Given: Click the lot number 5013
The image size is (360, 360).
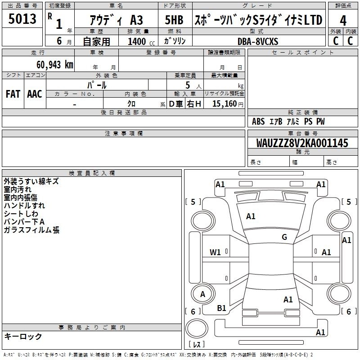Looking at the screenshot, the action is click(x=22, y=19).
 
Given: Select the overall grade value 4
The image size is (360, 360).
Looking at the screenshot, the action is click(x=343, y=21).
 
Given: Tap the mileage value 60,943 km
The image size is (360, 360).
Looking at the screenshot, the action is click(x=54, y=65).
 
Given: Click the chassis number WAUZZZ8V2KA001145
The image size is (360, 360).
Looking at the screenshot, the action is click(x=302, y=143).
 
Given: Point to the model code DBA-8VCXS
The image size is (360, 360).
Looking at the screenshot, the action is click(x=258, y=41).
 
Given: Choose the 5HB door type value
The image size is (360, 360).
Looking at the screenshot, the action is click(x=174, y=20).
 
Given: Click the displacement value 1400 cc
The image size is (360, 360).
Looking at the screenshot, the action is click(x=141, y=41).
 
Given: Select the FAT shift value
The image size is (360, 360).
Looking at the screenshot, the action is click(x=13, y=94).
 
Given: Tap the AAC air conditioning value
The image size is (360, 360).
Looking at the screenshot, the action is click(x=35, y=94).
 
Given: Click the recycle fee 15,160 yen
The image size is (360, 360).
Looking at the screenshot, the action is click(x=228, y=104).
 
